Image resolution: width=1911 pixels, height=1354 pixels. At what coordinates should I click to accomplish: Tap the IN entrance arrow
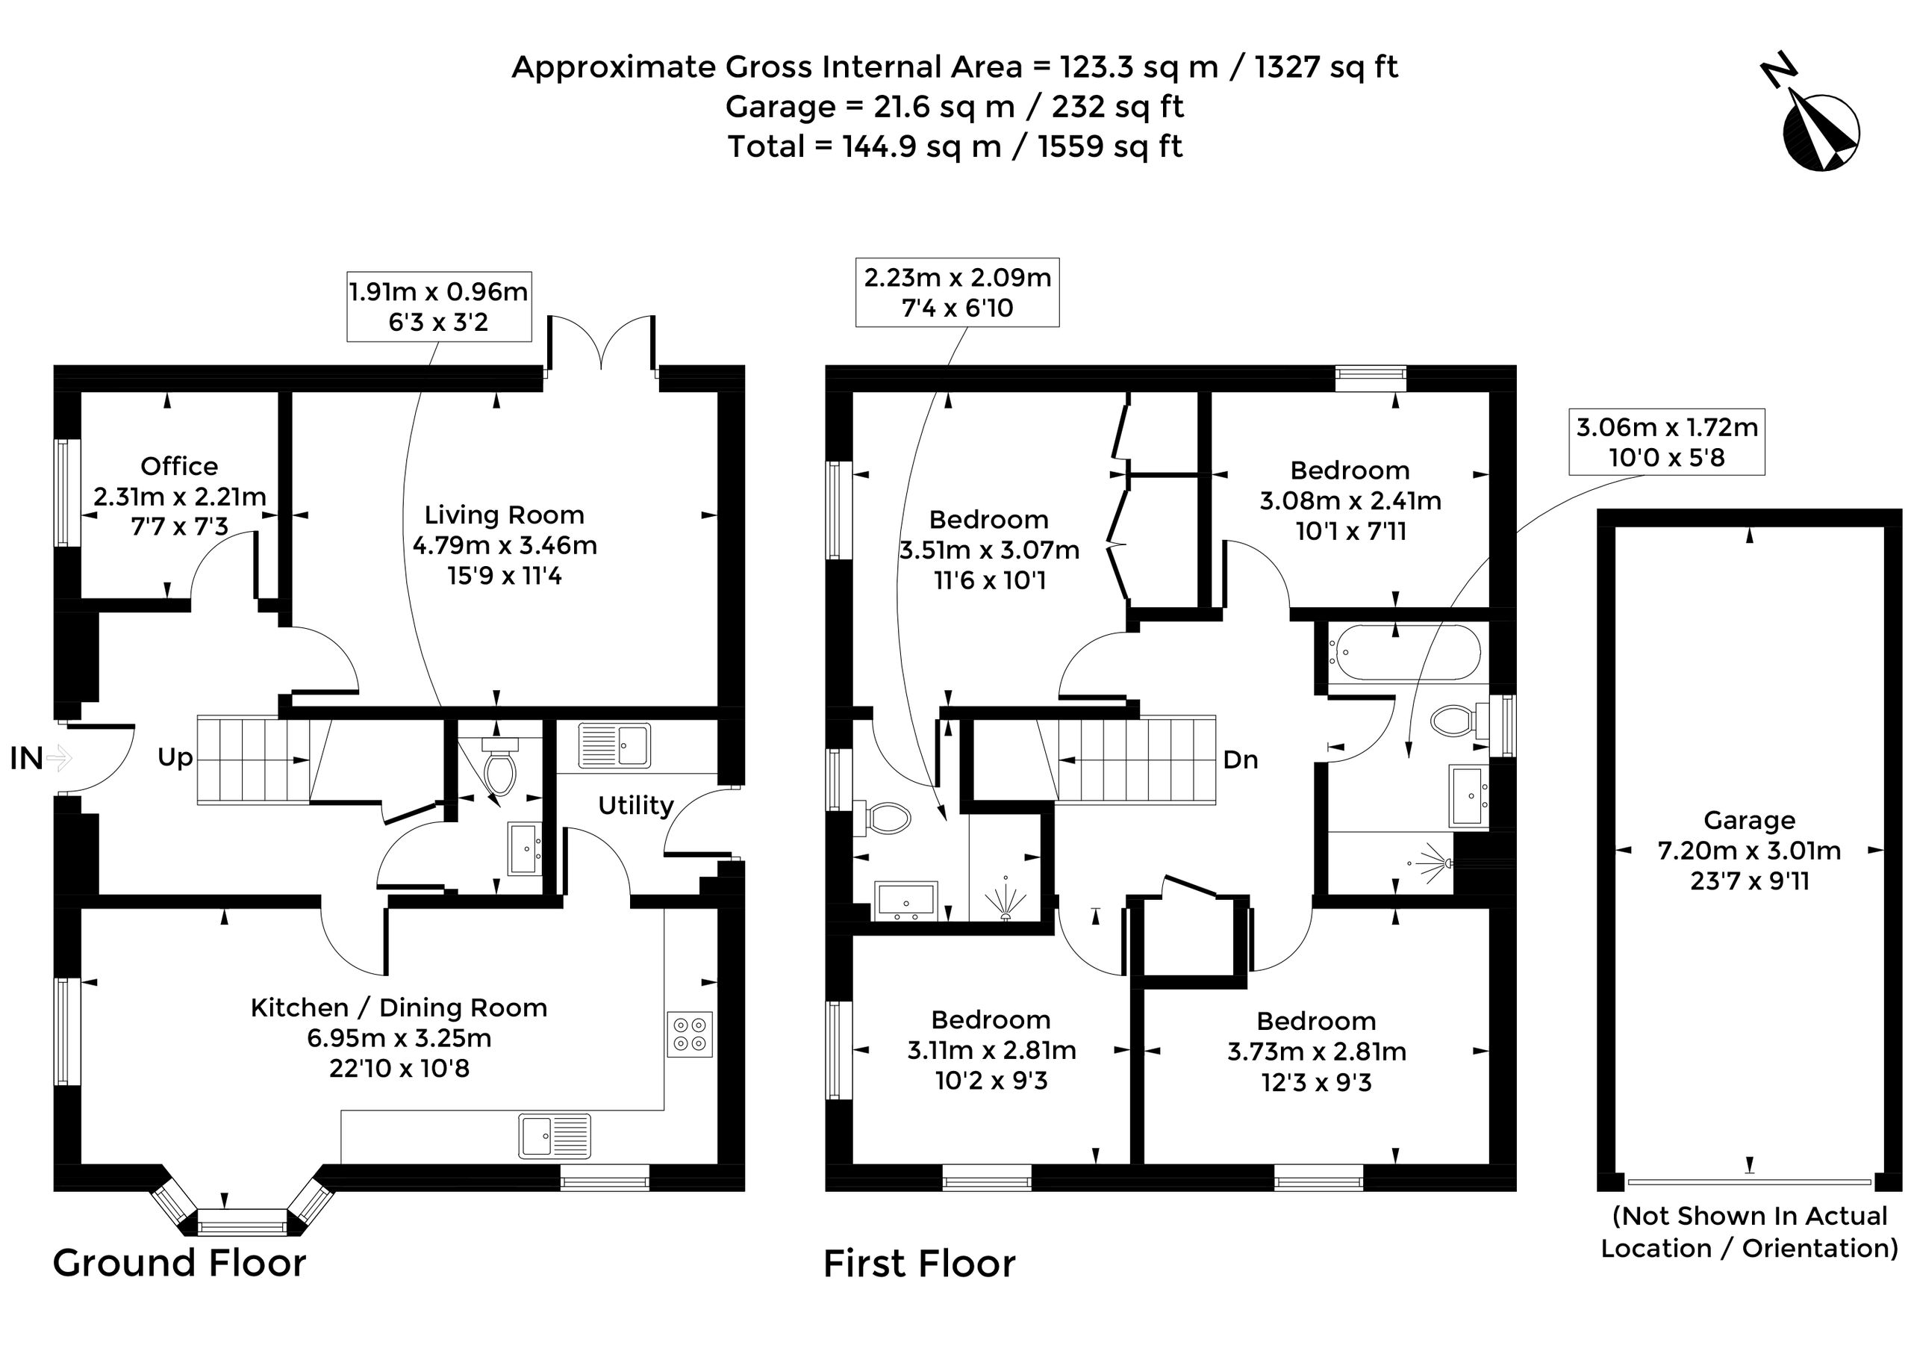[x=59, y=758]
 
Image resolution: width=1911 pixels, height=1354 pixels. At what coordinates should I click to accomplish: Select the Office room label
[x=179, y=466]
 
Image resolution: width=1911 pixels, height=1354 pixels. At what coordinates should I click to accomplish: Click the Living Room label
[x=504, y=515]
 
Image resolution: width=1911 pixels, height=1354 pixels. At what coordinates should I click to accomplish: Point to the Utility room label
[x=636, y=805]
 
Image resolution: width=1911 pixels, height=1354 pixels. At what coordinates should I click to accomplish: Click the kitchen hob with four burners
[x=690, y=1034]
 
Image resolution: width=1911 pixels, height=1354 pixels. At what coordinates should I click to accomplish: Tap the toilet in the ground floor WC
[x=500, y=766]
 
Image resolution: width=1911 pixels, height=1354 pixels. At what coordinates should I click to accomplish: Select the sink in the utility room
[x=614, y=745]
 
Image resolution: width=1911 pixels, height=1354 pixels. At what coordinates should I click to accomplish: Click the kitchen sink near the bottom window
[x=554, y=1137]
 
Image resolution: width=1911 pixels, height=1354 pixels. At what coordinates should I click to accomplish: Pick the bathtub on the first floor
[x=1404, y=653]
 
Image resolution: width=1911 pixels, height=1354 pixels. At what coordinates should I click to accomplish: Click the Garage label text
[x=1749, y=821]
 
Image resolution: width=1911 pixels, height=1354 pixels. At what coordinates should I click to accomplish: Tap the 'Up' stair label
[x=175, y=758]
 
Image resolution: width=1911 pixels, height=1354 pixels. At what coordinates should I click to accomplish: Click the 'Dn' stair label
[x=1240, y=760]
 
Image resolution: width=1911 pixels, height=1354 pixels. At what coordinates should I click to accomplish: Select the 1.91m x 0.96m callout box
[x=439, y=306]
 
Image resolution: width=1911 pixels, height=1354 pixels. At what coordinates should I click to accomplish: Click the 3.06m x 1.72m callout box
[x=1667, y=442]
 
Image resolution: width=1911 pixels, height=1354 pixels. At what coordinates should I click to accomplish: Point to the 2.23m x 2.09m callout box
[x=958, y=292]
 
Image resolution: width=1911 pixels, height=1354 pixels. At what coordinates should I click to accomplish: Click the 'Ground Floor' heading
[x=179, y=1263]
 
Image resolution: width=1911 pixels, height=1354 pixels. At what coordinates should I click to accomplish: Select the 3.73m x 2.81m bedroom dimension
[x=1317, y=1052]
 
